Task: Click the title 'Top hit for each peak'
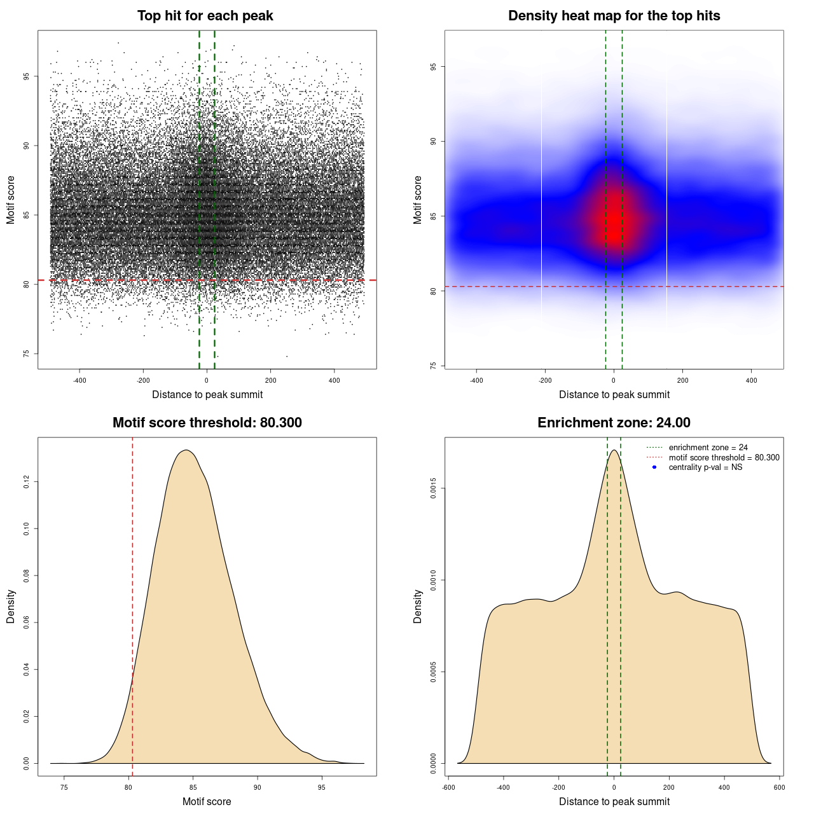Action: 205,16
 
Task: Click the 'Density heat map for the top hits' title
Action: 614,16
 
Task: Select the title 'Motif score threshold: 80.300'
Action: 207,423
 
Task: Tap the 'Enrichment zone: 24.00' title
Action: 614,423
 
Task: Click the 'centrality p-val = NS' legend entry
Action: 705,467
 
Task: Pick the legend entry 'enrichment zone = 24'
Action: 708,448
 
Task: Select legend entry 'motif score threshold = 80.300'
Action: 724,458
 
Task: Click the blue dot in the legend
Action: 654,467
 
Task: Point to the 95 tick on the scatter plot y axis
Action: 26,76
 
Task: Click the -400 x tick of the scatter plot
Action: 79,381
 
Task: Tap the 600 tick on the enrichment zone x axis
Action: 779,787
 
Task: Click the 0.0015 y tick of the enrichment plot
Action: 433,488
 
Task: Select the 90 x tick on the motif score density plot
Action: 257,787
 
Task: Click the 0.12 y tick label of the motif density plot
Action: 26,482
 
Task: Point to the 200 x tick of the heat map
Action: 682,381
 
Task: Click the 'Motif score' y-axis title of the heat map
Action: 418,200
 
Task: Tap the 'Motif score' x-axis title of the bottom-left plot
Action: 207,801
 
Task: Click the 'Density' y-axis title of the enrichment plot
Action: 418,606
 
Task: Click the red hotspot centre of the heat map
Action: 612,224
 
